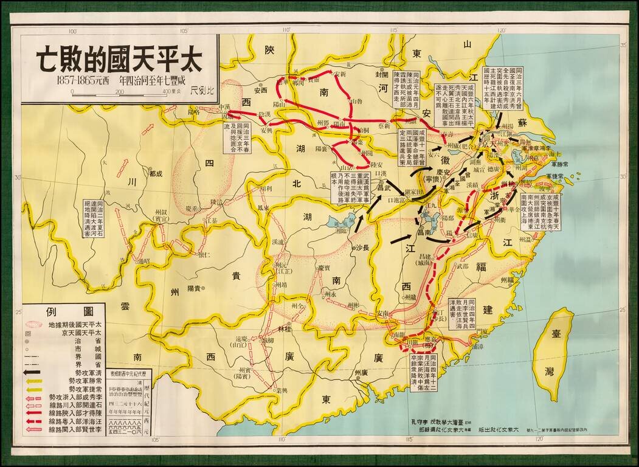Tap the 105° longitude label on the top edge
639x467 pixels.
click(x=74, y=30)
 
